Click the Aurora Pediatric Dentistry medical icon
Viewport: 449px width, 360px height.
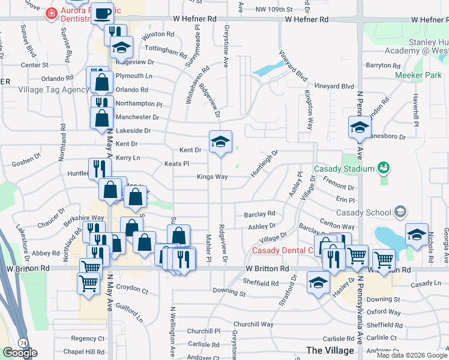point(53,13)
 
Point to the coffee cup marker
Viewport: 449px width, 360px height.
point(103,13)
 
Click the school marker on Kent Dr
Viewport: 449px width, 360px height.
point(220,142)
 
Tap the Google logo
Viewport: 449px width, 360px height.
point(20,353)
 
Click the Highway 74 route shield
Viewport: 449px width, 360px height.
point(22,342)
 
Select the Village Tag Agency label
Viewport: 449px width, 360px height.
point(53,89)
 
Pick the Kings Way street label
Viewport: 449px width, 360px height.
point(212,177)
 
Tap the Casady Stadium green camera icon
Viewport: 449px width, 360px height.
point(384,168)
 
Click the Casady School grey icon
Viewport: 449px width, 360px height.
point(400,212)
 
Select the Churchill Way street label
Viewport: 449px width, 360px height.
point(254,324)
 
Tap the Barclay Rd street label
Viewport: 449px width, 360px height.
point(259,214)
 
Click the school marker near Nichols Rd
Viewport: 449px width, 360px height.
point(416,235)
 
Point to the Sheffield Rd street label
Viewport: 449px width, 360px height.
point(261,283)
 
